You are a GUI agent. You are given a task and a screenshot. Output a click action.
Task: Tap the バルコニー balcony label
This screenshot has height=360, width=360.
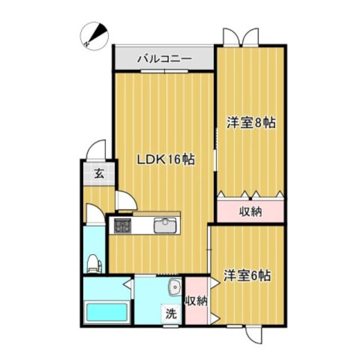click(x=164, y=59)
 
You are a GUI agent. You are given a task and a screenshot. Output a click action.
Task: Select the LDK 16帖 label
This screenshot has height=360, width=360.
click(x=166, y=160)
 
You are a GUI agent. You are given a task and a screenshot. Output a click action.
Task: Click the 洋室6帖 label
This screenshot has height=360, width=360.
click(x=247, y=275)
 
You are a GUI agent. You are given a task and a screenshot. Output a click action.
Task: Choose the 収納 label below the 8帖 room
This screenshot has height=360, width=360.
click(x=250, y=211)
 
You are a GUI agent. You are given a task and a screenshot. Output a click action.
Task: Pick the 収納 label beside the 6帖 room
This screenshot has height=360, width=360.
click(x=196, y=301)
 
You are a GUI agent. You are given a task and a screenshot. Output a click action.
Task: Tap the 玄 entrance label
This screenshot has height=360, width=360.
click(x=98, y=173)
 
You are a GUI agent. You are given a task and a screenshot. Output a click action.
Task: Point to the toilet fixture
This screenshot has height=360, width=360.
click(x=94, y=263)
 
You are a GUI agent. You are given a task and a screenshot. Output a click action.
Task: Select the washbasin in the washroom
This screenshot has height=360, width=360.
click(x=174, y=289)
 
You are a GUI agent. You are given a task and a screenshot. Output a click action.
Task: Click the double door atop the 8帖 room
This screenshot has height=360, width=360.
click(x=240, y=37)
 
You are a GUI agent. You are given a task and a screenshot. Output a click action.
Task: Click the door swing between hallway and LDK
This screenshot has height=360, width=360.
click(x=126, y=201)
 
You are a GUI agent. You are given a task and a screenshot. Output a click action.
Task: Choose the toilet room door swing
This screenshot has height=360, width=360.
click(x=94, y=214)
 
